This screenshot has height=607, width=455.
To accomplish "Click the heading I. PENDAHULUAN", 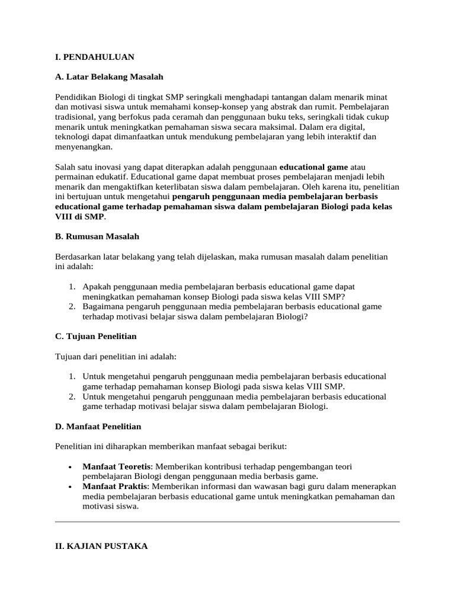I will tap(95, 57).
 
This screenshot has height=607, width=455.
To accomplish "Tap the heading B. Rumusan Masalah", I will tap(97, 236).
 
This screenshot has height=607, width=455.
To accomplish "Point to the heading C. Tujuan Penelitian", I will tap(95, 336).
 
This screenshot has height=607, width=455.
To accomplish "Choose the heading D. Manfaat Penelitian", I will tap(98, 426).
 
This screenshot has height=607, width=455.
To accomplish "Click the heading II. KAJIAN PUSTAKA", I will tap(101, 547).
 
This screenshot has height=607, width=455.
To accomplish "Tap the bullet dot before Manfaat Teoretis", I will tap(71, 467).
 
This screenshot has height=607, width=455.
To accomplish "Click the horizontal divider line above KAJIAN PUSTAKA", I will tap(227, 522).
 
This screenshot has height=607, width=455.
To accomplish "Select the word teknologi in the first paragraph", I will tap(73, 137).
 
